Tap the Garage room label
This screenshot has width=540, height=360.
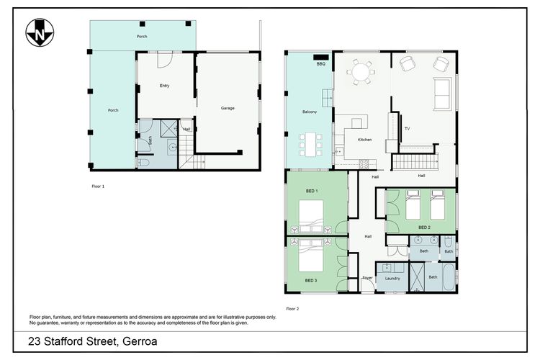click(228, 108)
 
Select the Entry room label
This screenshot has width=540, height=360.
click(165, 86)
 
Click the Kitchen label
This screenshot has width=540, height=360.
click(364, 139)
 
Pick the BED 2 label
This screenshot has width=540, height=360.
click(425, 227)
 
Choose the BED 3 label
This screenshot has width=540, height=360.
click(311, 280)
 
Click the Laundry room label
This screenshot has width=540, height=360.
click(392, 278)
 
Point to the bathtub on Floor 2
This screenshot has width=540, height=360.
click(449, 277)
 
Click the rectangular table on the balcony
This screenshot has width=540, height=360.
click(310, 143)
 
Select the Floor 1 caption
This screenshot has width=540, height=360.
click(98, 186)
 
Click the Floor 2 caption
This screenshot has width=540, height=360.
click(292, 308)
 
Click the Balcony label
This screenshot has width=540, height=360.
click(310, 112)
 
